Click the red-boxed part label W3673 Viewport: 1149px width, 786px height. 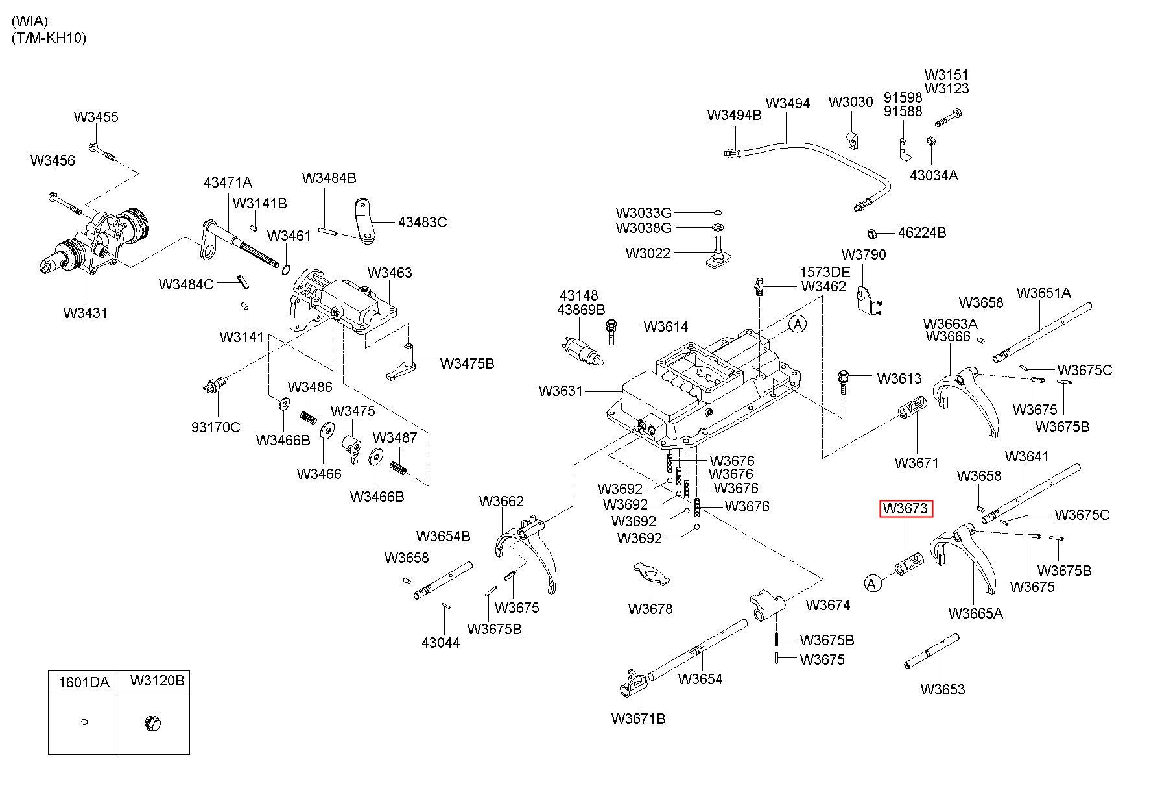(x=906, y=508)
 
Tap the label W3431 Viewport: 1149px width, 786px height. (x=86, y=313)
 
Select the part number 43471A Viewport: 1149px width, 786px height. (x=228, y=183)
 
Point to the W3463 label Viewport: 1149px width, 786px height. (x=390, y=273)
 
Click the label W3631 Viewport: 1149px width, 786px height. (x=561, y=391)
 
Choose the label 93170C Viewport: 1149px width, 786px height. (x=215, y=427)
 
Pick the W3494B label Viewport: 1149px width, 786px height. (x=734, y=115)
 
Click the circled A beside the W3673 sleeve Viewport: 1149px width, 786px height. (x=873, y=583)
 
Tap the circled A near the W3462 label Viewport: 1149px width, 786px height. (x=797, y=323)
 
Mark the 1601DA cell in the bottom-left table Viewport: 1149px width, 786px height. (x=84, y=682)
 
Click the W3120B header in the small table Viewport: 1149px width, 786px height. (x=157, y=680)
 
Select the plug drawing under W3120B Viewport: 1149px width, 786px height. (x=152, y=722)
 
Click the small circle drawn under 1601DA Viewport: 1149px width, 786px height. (x=84, y=722)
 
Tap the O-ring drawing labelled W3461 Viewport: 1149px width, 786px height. (x=286, y=268)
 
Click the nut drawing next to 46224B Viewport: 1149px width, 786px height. (x=873, y=233)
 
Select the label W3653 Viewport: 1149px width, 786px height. (x=943, y=689)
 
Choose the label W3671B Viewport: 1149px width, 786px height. (x=638, y=718)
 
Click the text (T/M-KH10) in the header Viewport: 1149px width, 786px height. (x=49, y=38)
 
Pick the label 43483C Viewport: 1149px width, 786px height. (x=422, y=222)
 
